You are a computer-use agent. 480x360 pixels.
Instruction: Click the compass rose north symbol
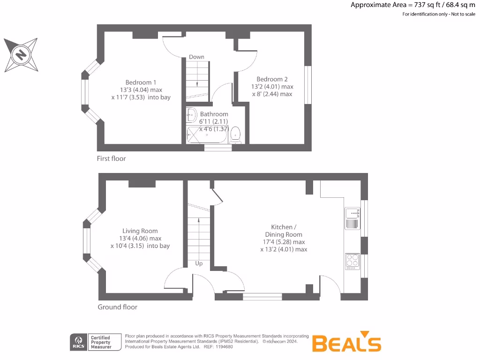coord(20,55)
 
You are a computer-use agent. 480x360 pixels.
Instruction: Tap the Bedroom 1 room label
coord(141,82)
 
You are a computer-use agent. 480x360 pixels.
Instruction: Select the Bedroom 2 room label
coord(272,79)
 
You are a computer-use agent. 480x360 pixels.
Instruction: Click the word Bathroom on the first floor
coord(214,114)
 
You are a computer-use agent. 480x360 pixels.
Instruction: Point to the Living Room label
coord(140,231)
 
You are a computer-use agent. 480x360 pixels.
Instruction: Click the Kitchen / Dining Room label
coord(284,231)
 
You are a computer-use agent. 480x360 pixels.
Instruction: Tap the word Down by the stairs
coord(196,57)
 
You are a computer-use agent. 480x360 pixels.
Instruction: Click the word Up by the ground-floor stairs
coord(199,263)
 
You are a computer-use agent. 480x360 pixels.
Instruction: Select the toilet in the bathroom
coord(236,135)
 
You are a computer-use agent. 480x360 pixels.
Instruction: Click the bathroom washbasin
coord(191,115)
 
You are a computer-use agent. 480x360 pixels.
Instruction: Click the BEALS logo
coord(346,343)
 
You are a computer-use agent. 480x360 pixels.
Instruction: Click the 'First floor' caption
coord(111,158)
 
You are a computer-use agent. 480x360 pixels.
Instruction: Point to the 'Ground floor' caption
coord(117,307)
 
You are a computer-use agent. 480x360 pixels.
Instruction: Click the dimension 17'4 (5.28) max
coord(284,242)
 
